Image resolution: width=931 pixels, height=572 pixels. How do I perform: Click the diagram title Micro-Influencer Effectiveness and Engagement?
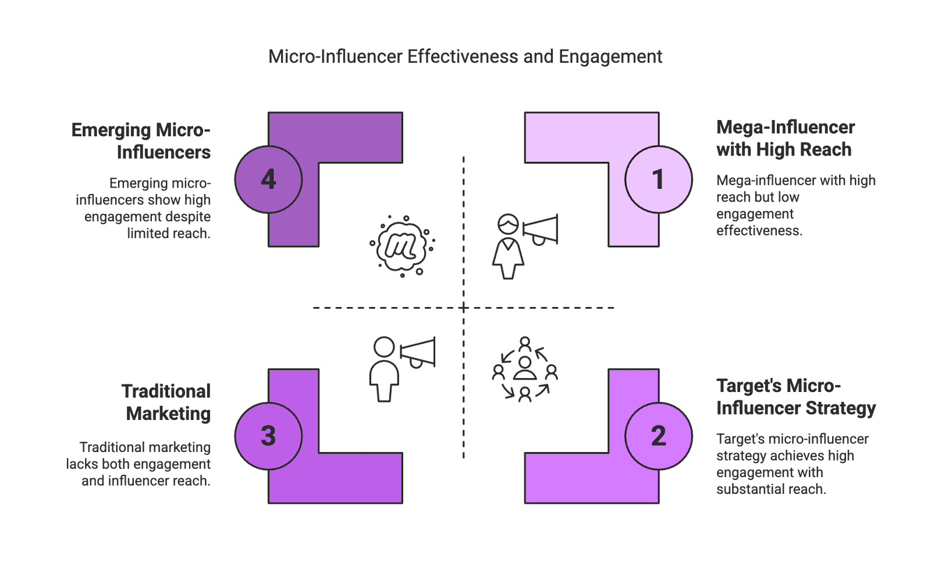tap(465, 57)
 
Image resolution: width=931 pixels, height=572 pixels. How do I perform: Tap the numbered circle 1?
tap(658, 179)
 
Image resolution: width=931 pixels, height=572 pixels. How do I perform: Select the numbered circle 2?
tap(658, 436)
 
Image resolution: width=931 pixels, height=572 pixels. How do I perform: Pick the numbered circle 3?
tap(268, 436)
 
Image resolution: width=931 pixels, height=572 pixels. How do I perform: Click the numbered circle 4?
tap(268, 179)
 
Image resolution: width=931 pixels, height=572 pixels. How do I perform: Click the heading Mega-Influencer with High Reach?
tap(784, 138)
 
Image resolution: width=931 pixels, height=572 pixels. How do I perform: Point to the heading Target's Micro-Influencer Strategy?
tap(795, 397)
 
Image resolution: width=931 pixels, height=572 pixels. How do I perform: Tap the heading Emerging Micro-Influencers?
tap(141, 140)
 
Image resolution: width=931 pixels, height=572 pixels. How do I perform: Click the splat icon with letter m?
tap(402, 245)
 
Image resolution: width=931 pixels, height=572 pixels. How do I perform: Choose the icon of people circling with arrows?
tap(525, 369)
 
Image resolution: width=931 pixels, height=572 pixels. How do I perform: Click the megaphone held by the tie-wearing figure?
tap(541, 229)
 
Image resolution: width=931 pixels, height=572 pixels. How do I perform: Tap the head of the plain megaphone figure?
tap(384, 348)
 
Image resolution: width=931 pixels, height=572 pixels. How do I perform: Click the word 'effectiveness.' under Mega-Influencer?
tap(759, 231)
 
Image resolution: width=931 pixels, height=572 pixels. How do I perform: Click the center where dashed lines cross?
tap(464, 308)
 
